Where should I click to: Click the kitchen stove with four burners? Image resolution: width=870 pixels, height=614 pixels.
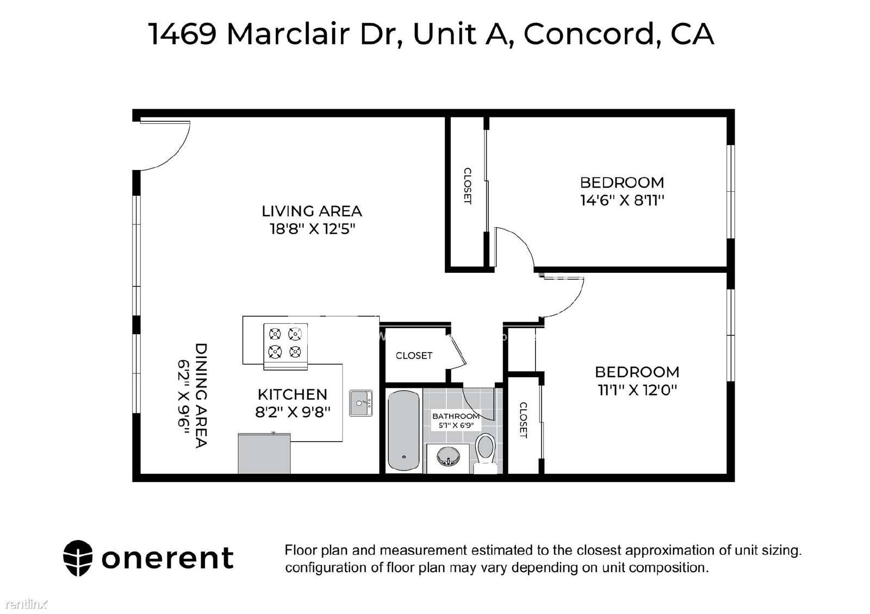point(285,346)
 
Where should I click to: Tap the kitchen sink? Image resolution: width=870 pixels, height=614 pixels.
point(361,403)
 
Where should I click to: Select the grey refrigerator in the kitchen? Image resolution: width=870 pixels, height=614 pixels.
point(264,453)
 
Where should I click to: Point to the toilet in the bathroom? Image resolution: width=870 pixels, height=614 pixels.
point(486,453)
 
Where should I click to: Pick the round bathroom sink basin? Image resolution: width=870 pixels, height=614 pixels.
point(448,457)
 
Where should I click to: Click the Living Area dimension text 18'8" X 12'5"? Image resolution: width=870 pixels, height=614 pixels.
point(312,229)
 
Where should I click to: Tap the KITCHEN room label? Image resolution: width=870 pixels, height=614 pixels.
point(293,394)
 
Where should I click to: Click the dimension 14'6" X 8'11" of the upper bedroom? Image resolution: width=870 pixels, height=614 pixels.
point(622,201)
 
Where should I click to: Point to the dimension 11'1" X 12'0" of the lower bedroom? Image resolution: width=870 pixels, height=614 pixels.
point(637,390)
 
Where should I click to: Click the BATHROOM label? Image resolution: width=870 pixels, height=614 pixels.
point(456,416)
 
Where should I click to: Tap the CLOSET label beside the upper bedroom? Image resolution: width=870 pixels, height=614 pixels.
point(468,185)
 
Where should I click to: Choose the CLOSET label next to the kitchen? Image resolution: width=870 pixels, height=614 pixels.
point(414,355)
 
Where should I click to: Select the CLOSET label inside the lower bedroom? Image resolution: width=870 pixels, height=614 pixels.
point(523,421)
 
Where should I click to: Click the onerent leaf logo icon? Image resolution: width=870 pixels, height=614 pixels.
point(78,558)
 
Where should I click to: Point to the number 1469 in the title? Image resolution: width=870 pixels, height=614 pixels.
point(183,34)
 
